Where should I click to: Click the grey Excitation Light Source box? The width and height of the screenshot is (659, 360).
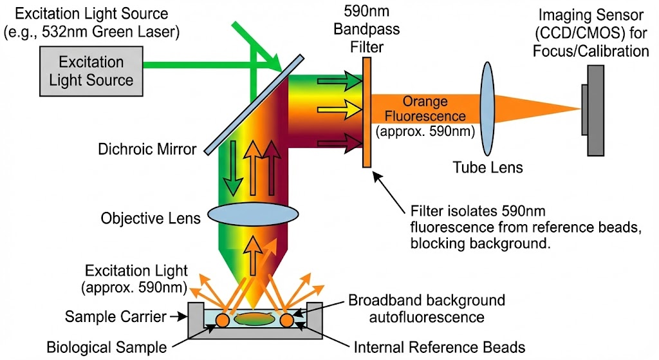[91, 71]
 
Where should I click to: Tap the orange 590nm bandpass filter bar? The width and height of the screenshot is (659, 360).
[366, 112]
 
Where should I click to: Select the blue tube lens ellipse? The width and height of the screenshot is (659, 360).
[487, 109]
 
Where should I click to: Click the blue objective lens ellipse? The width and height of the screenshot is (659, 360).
[253, 214]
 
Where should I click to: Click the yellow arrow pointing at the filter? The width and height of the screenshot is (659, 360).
[340, 109]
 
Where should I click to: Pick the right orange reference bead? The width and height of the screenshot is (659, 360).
[286, 320]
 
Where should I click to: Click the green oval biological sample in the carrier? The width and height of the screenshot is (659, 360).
[254, 319]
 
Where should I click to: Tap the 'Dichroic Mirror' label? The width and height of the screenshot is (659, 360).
[147, 149]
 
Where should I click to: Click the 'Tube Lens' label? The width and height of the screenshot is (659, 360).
[488, 167]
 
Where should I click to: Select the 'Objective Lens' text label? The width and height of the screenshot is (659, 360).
[151, 218]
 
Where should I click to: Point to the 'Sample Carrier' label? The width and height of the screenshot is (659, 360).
[116, 316]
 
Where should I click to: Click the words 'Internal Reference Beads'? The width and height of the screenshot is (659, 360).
[439, 347]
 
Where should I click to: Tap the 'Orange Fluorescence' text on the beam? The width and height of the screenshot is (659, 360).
[425, 108]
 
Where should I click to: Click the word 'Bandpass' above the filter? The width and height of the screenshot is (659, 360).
[366, 29]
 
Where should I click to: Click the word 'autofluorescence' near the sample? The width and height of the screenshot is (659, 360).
[427, 317]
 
